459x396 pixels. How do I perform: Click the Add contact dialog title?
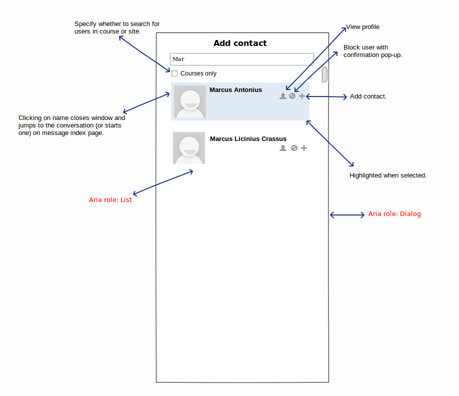(240, 43)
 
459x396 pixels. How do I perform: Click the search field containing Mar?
(242, 59)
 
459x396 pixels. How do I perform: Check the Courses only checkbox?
(174, 73)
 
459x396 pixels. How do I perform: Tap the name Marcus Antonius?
(235, 90)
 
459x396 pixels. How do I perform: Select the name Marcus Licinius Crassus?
(248, 138)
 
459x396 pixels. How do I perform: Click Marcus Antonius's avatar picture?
(190, 101)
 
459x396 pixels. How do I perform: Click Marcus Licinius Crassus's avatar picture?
(189, 148)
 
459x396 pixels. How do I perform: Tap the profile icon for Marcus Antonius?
(283, 96)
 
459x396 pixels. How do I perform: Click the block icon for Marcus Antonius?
(292, 96)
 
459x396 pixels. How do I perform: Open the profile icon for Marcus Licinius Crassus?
(283, 148)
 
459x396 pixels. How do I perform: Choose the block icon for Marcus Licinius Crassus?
(294, 148)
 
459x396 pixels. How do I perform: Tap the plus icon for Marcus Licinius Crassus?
(304, 148)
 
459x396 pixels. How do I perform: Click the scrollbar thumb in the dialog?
(324, 74)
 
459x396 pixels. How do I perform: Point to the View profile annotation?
(362, 27)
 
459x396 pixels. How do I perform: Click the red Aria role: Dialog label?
(394, 214)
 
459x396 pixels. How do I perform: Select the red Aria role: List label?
(110, 200)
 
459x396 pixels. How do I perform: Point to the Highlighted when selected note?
(388, 175)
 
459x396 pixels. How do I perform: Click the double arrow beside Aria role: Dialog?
(347, 215)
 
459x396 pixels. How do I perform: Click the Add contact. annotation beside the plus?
(368, 96)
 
